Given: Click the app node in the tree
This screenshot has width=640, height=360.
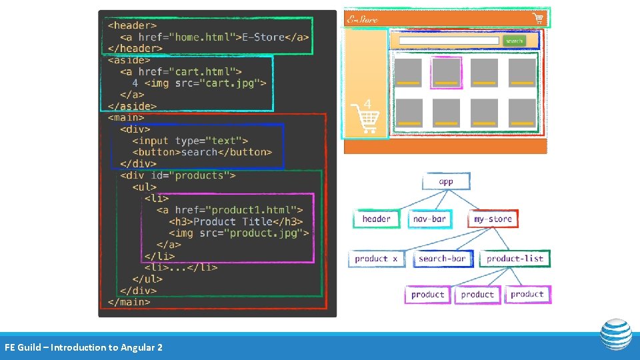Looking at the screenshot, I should click(x=446, y=181).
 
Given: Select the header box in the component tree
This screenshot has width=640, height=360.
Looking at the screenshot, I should click(x=377, y=219).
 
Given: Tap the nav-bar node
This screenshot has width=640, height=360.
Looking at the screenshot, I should click(x=429, y=219).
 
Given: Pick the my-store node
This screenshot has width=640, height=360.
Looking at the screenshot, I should click(x=493, y=219).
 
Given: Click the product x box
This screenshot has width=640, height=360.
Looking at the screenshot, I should click(x=376, y=259).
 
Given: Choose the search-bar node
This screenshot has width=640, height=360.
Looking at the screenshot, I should click(x=442, y=259).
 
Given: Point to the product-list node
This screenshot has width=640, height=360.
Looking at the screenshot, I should click(x=515, y=259).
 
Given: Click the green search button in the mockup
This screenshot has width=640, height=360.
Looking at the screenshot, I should click(x=514, y=41).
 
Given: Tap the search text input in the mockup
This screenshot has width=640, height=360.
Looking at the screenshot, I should click(x=448, y=41).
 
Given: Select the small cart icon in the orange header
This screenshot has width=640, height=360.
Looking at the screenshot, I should click(x=537, y=18).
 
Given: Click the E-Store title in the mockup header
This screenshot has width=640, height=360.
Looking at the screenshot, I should click(x=363, y=19).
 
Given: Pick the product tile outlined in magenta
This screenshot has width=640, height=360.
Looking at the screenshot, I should click(x=446, y=73).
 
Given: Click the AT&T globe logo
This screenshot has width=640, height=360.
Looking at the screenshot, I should click(x=616, y=335).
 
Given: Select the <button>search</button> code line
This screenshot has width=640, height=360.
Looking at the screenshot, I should click(x=202, y=152).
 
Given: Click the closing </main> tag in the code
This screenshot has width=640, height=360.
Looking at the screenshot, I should click(x=129, y=302).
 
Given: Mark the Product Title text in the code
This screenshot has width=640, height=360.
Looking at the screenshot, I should click(x=235, y=221).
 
